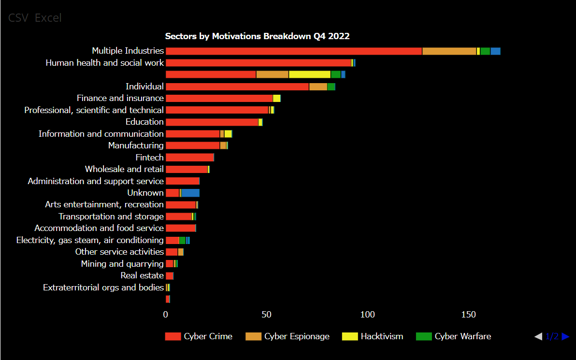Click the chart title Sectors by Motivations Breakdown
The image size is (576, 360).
pos(257,36)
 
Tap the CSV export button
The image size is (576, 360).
pos(18,18)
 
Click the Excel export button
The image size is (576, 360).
pos(48,18)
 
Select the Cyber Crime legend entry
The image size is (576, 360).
pos(199,336)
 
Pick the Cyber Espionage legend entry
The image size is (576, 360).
pos(288,336)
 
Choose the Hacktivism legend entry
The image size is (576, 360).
pos(373,336)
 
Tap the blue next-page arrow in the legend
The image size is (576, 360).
pos(565,336)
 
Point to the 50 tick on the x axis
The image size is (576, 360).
pos(267,315)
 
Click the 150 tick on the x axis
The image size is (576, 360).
pos(469,315)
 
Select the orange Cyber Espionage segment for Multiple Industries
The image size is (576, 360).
pos(449,51)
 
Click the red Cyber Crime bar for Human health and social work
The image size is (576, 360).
pos(258,63)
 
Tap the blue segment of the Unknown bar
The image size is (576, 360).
pos(190,193)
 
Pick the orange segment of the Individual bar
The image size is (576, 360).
pos(318,86)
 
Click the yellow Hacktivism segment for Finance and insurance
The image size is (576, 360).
pos(276,99)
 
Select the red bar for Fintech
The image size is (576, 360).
pos(189,158)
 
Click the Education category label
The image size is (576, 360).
pos(144,122)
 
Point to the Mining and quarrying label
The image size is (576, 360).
pos(122,264)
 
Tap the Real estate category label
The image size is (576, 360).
pos(142,275)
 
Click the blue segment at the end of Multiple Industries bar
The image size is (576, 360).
pos(495,51)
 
